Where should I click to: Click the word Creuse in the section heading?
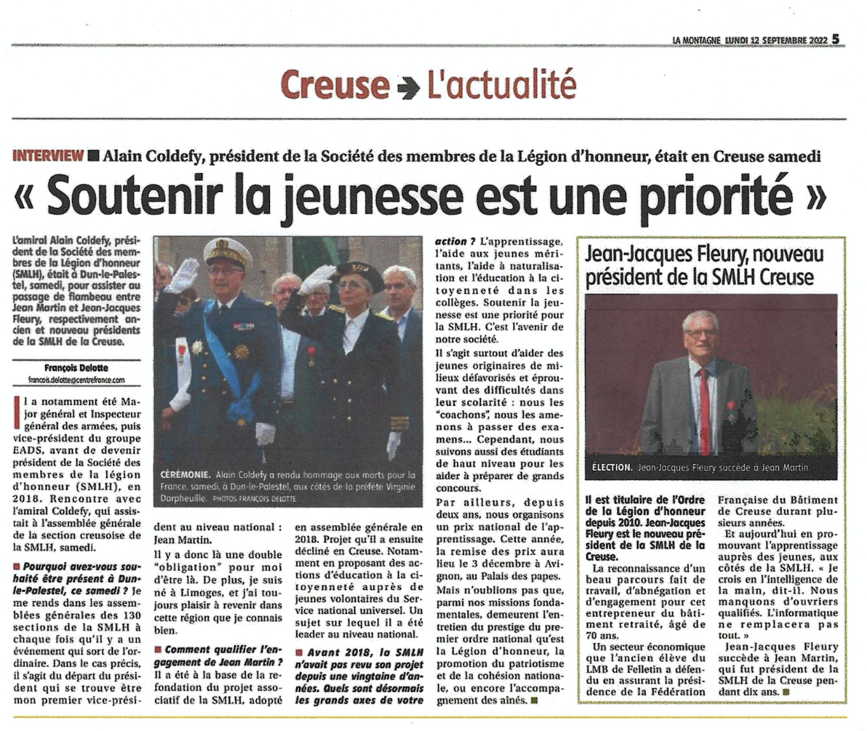tap(334, 85)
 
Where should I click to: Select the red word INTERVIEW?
tap(48, 155)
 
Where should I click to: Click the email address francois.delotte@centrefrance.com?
tap(76, 380)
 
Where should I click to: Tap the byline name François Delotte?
tap(76, 367)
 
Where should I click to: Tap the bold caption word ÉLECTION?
tap(611, 467)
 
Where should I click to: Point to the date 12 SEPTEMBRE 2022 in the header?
tap(789, 40)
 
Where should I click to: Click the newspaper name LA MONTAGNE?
tap(696, 40)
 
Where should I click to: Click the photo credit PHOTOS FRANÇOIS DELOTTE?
tap(254, 499)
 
